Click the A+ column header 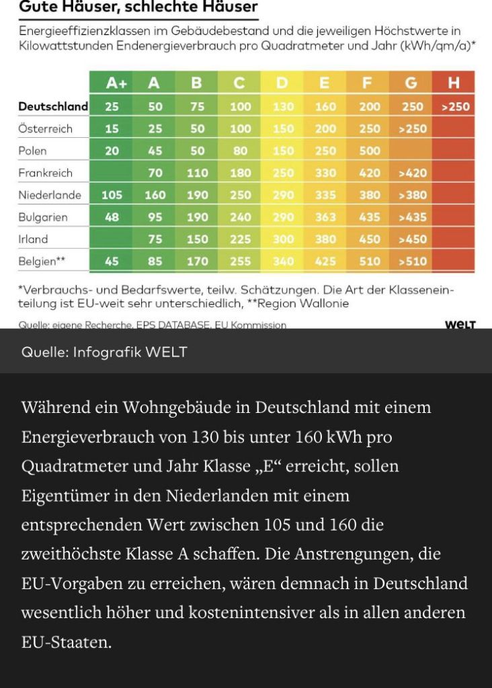click(116, 83)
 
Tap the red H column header click(454, 83)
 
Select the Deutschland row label click(53, 106)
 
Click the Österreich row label click(45, 128)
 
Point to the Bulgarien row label click(43, 217)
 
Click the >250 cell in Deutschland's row click(455, 106)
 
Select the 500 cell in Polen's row click(370, 151)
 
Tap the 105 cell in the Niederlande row click(112, 195)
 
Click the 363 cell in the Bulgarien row click(325, 217)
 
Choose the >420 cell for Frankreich click(412, 173)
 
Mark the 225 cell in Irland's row click(240, 239)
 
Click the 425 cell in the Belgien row click(325, 261)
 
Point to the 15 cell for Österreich click(112, 128)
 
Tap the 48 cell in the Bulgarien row click(112, 217)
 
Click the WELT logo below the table click(460, 325)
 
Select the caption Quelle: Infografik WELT click(104, 352)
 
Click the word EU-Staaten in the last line click(65, 642)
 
